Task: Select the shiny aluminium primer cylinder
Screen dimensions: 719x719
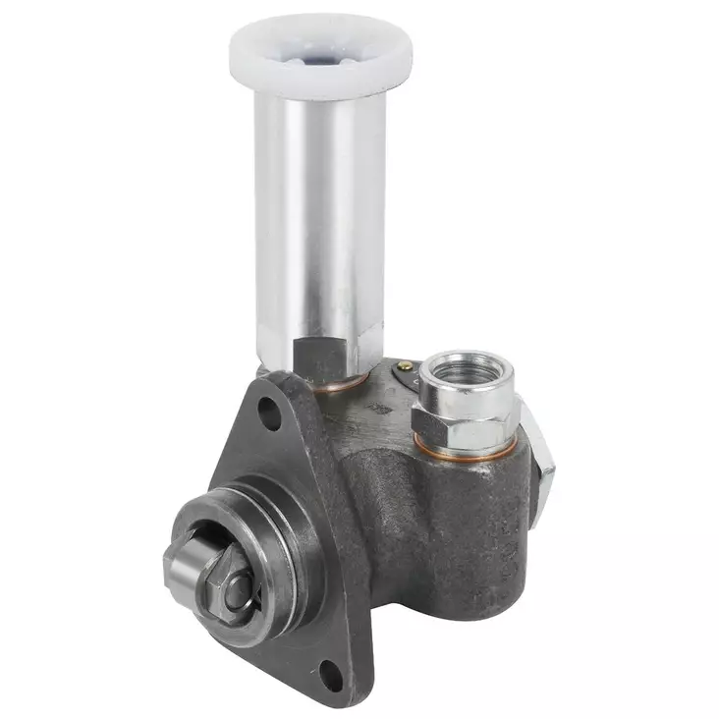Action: [x=319, y=216]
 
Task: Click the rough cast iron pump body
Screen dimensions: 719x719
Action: [x=432, y=530]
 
